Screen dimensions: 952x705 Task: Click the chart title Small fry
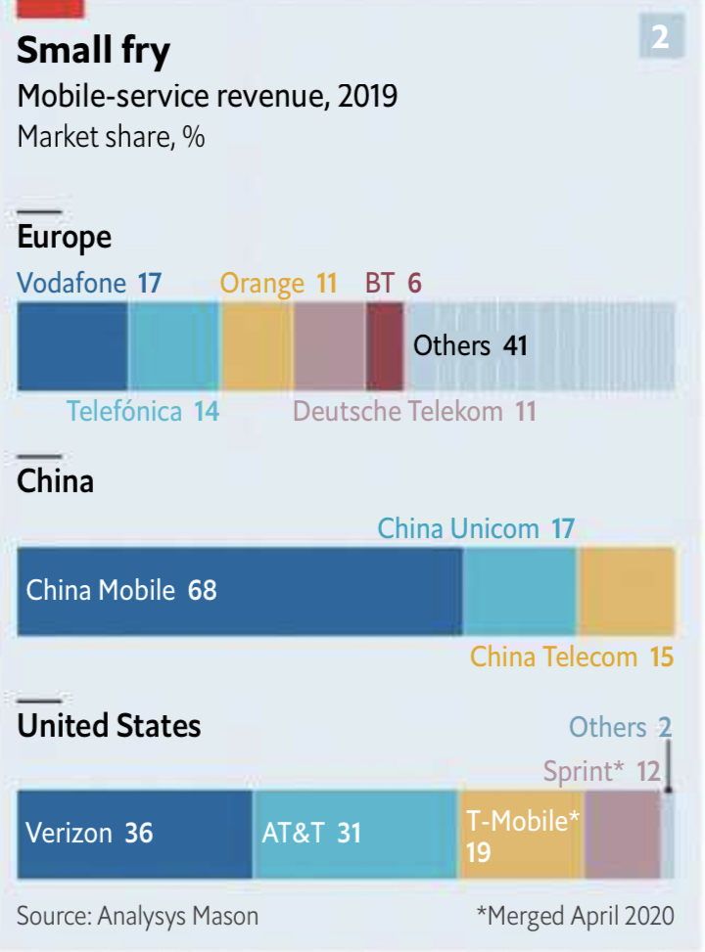click(94, 52)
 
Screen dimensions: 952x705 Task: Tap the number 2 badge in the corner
click(660, 37)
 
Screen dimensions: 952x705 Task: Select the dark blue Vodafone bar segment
click(72, 346)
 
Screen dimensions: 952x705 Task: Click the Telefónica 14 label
click(143, 411)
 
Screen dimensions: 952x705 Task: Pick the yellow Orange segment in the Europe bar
click(257, 346)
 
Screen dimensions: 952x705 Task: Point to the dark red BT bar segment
click(385, 346)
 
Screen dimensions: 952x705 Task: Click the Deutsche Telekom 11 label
click(415, 411)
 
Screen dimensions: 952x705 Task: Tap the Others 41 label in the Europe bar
click(470, 345)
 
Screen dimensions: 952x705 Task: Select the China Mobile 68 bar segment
click(239, 591)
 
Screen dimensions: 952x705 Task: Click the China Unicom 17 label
click(476, 529)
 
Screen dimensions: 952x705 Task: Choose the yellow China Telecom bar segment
click(627, 591)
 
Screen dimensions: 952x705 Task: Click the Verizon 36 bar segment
click(134, 834)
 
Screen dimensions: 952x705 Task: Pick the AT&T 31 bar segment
click(354, 834)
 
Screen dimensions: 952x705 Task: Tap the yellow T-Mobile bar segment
click(521, 834)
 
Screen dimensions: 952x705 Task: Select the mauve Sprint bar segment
click(622, 834)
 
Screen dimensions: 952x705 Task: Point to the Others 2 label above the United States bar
click(621, 727)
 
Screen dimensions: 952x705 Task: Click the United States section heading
click(109, 726)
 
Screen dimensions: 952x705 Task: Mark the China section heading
click(56, 481)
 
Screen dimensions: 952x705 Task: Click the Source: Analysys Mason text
click(138, 916)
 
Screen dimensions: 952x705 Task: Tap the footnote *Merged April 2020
click(575, 916)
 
